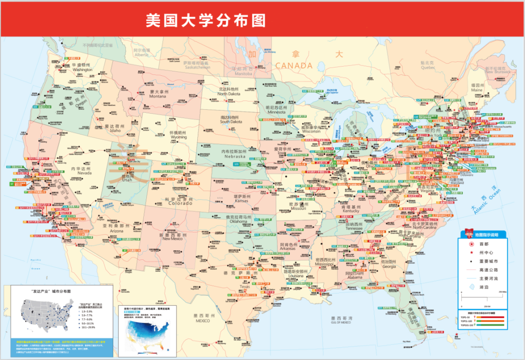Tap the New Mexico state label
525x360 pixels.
pyautogui.click(x=173, y=237)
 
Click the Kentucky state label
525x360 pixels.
pyautogui.click(x=351, y=209)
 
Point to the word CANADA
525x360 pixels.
pyautogui.click(x=294, y=65)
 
